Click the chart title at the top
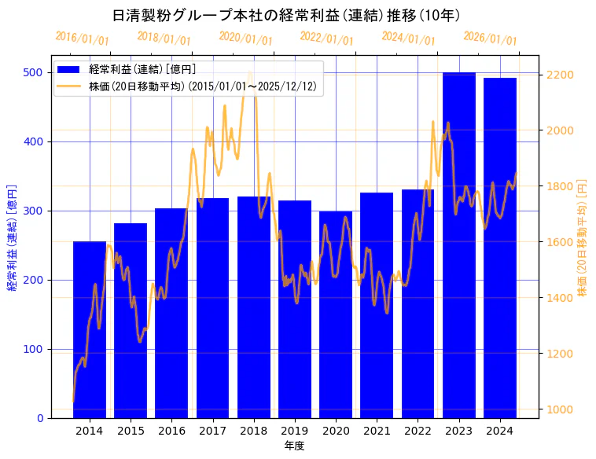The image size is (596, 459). click(286, 16)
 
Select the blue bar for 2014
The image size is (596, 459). click(90, 329)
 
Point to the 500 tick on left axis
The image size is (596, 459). click(34, 72)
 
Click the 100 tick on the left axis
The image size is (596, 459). click(34, 349)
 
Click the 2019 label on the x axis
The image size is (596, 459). click(295, 431)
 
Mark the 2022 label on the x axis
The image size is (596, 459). click(418, 431)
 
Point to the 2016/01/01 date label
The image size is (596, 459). click(83, 39)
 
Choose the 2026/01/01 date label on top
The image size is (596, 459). click(491, 39)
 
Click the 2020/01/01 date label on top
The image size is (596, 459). click(246, 39)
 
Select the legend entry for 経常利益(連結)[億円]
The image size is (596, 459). click(142, 70)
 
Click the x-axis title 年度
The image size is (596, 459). click(294, 446)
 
